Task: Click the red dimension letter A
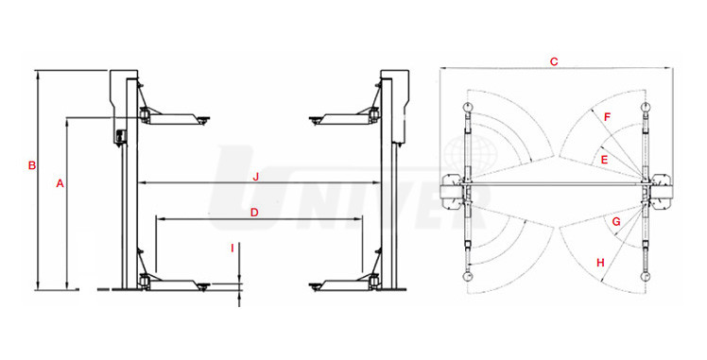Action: click(x=60, y=183)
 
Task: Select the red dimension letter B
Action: click(x=31, y=165)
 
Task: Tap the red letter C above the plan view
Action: click(x=554, y=61)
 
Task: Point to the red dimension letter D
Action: click(x=254, y=213)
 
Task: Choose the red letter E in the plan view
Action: click(x=605, y=159)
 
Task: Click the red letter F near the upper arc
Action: click(x=607, y=117)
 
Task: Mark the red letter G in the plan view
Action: click(x=616, y=222)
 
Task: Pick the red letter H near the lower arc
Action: click(x=600, y=263)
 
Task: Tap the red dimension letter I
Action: click(x=233, y=248)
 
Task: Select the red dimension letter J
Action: click(x=255, y=177)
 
